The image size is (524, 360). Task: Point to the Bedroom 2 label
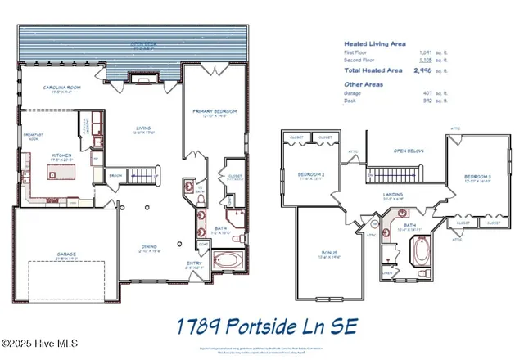click(x=312, y=175)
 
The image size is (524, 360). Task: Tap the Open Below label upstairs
click(x=407, y=151)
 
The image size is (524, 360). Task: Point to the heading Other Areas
click(x=364, y=83)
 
